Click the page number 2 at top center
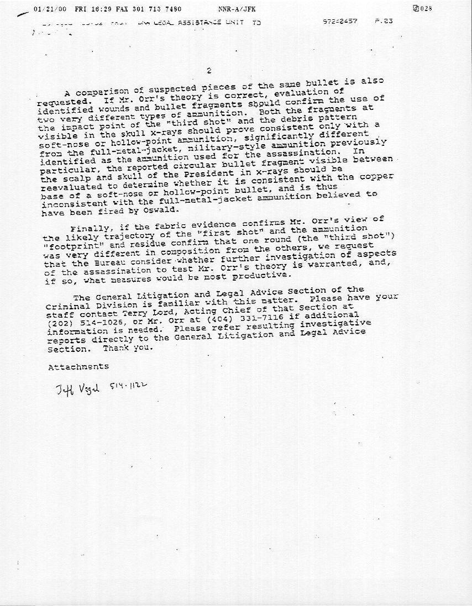tap(208, 70)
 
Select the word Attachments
tap(78, 367)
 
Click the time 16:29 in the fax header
tap(87, 9)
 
